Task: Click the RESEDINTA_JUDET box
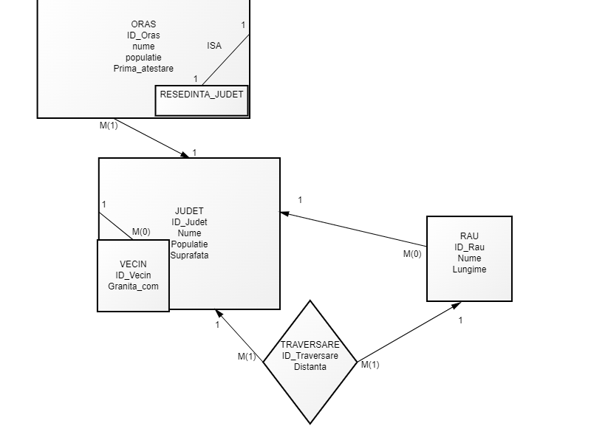202,95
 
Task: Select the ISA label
214,46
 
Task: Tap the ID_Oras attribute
143,35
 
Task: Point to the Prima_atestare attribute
143,69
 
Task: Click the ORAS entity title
143,24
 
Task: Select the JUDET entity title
189,211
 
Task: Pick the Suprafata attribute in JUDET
189,255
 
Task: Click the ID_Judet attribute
189,222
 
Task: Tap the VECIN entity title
133,264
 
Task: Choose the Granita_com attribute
133,286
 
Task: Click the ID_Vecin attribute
133,275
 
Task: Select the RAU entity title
469,236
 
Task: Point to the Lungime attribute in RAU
469,269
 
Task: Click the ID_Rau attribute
469,247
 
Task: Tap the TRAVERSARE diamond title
310,345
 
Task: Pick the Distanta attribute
310,367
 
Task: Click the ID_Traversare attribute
310,356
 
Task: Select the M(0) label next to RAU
412,254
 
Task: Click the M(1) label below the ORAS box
109,126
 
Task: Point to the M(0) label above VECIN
141,232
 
